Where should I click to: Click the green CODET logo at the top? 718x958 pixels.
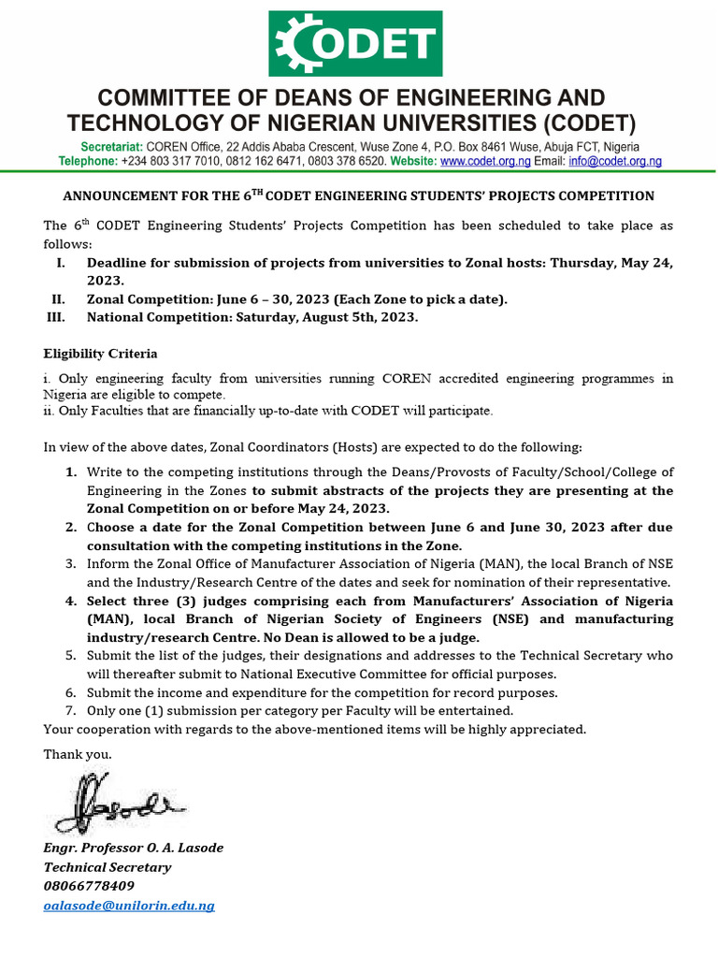click(x=358, y=44)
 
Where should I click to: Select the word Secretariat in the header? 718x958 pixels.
click(x=112, y=148)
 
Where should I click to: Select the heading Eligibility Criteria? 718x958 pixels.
click(x=101, y=354)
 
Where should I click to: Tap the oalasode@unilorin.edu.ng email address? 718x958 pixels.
click(x=129, y=906)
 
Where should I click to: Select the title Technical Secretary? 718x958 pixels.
click(x=108, y=867)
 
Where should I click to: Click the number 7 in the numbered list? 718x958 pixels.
click(x=70, y=710)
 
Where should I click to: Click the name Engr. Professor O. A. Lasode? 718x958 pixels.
click(x=134, y=848)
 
